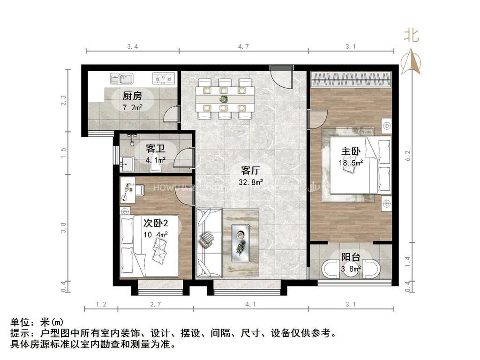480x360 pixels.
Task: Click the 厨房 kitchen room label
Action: (132, 96)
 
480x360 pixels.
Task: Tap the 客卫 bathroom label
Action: (156, 149)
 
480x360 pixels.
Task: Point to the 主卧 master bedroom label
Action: (351, 152)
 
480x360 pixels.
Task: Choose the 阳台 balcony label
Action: (351, 257)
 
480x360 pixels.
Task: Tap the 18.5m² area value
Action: (352, 163)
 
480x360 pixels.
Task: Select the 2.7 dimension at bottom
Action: (156, 305)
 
